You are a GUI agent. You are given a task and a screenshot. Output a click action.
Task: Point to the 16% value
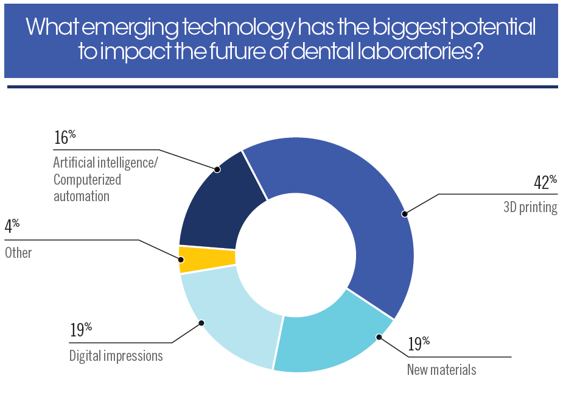pos(65,138)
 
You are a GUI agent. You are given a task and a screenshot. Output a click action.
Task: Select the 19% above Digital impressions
pos(80,330)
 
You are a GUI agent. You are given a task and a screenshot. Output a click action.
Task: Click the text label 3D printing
pos(530,207)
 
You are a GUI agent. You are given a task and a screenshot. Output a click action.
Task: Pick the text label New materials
pos(441,369)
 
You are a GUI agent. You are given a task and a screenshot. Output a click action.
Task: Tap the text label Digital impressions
pos(116,356)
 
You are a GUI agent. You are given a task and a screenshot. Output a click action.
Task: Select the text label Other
pos(18,252)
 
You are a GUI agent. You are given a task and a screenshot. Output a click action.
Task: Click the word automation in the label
pos(81,196)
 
